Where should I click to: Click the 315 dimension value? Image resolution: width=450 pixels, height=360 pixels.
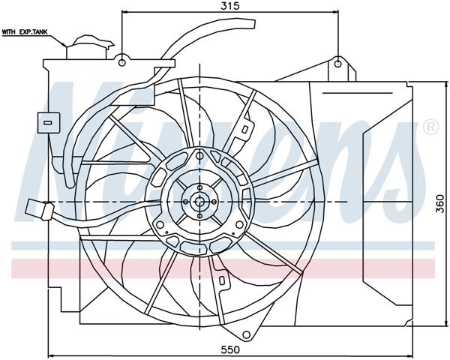[229, 6]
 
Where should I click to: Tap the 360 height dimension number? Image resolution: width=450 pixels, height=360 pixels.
[441, 203]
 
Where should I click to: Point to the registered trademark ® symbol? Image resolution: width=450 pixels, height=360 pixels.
[430, 127]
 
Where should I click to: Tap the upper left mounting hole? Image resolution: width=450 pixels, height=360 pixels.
[122, 57]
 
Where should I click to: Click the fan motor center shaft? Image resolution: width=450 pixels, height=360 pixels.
[200, 201]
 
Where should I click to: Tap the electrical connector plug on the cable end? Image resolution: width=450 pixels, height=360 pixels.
[35, 209]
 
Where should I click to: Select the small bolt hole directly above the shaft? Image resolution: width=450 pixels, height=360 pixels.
[200, 187]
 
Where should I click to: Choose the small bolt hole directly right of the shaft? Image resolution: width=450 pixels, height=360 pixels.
[214, 201]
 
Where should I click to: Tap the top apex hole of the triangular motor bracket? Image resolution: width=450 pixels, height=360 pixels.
[200, 155]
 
